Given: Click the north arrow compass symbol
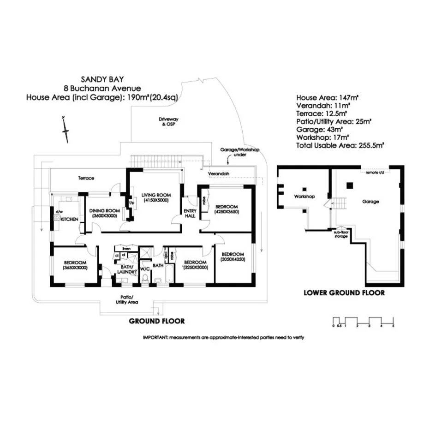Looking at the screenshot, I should click(66, 130).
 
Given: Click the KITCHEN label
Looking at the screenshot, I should click(69, 219).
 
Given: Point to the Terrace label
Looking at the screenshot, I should click(86, 178).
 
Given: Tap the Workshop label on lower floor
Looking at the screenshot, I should click(304, 197).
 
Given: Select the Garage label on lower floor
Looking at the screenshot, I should click(370, 202).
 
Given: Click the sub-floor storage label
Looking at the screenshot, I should click(341, 234).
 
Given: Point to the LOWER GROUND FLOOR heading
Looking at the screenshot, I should click(344, 293).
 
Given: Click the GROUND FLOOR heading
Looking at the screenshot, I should click(156, 321).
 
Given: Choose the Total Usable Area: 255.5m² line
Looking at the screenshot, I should click(340, 144).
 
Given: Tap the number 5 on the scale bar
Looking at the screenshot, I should click(393, 326).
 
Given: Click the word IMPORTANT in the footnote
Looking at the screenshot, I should click(155, 338).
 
